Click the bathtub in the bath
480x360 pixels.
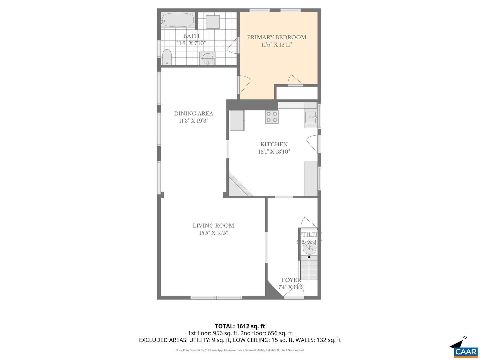178,20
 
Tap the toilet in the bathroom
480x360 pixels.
167,57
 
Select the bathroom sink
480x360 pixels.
208,58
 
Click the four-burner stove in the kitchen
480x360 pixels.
271,117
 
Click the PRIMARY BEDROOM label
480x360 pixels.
276,37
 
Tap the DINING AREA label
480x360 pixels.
193,114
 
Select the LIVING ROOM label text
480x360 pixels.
213,226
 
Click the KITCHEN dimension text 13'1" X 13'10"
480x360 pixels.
274,152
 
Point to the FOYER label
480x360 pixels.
291,280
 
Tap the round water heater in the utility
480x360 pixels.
309,248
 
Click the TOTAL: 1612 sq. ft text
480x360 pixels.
240,326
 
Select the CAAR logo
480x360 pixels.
465,352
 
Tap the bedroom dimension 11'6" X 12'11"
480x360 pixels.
276,45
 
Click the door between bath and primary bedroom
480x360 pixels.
234,45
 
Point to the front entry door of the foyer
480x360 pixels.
294,293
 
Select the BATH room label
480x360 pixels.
191,36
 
